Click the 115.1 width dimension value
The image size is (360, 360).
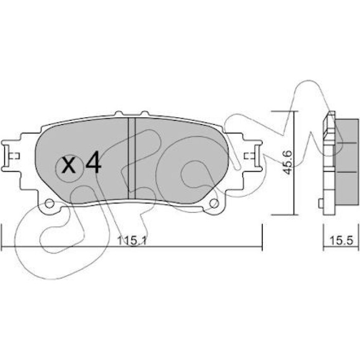pyautogui.click(x=132, y=241)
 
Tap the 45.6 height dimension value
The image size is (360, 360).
pyautogui.click(x=287, y=163)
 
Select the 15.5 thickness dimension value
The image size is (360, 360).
pyautogui.click(x=341, y=241)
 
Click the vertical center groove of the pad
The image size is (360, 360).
pyautogui.click(x=132, y=158)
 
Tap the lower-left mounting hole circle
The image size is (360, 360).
pyautogui.click(x=49, y=203)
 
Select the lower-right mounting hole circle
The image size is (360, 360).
pyautogui.click(x=214, y=203)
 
